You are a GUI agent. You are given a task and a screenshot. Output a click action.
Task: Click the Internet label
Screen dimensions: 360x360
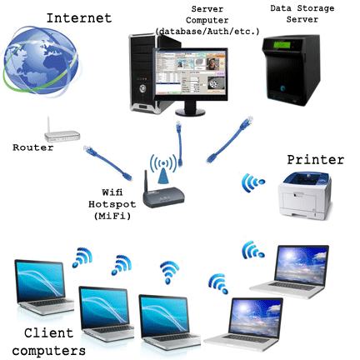point(79,18)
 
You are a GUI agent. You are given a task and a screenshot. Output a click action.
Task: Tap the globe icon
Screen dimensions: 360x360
point(41,62)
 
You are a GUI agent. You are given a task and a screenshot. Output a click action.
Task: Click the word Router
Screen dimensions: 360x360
point(32,147)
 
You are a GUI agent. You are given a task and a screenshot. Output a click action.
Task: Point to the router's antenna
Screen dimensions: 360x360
point(48,125)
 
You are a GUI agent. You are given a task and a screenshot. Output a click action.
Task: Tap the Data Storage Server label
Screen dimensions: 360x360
point(302,14)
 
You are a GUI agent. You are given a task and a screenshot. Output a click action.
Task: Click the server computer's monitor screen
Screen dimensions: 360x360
point(190,72)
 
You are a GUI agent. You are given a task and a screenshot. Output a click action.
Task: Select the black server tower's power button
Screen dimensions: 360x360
point(142,88)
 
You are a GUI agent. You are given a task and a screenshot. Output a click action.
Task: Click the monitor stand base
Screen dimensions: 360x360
point(190,112)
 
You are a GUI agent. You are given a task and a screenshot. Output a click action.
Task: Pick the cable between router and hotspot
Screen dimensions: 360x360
point(107,162)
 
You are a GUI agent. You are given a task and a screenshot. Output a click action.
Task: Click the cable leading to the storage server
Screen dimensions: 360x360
point(230,140)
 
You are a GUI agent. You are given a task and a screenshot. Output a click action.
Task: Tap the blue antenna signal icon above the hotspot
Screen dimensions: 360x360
point(163,168)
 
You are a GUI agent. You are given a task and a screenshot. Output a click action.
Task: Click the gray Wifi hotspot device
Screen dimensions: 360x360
point(163,194)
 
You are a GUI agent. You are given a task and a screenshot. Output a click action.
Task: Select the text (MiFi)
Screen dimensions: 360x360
point(112,216)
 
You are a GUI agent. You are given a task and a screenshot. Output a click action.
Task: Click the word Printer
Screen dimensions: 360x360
point(316,160)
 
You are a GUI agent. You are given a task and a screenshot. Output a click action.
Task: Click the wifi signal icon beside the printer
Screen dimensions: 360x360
point(252,182)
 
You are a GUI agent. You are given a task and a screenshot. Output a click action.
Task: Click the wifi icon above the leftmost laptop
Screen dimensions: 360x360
point(82,257)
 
